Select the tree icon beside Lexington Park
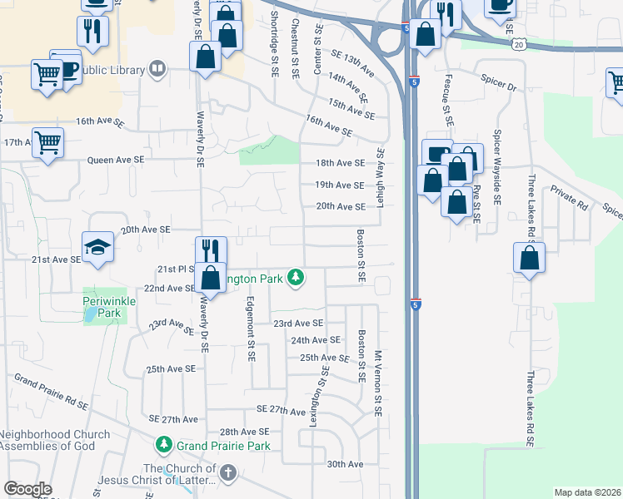295,277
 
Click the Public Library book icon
157,69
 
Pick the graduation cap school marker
97,247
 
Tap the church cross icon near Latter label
227,474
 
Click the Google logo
27,489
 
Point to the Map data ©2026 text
587,492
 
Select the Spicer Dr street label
499,86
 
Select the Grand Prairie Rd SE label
51,390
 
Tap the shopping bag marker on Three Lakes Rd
529,259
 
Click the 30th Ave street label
345,464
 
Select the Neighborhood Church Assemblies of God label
55,441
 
